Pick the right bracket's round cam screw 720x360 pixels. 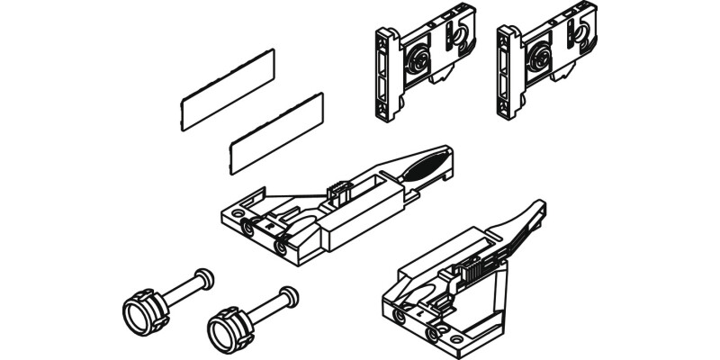tap(541, 64)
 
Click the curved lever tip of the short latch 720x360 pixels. tap(537, 209)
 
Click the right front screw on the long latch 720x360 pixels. tap(282, 244)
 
